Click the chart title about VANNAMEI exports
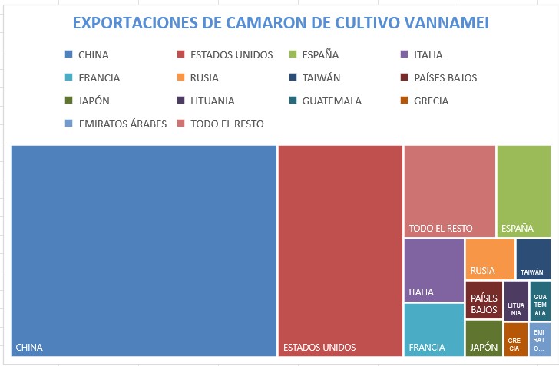[280, 23]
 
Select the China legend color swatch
[69, 54]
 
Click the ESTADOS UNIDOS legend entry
[231, 54]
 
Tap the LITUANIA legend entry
[212, 101]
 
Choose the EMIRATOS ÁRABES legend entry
[122, 124]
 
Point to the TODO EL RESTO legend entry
[227, 124]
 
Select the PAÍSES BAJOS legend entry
[445, 77]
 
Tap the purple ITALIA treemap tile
[434, 270]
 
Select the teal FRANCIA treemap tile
[434, 330]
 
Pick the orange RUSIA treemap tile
[490, 259]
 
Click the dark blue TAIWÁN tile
[533, 259]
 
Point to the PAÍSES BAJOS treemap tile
[484, 300]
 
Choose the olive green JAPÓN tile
[484, 338]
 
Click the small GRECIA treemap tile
[515, 340]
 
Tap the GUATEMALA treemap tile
[541, 300]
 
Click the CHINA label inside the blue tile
[29, 348]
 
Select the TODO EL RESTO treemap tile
[449, 190]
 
